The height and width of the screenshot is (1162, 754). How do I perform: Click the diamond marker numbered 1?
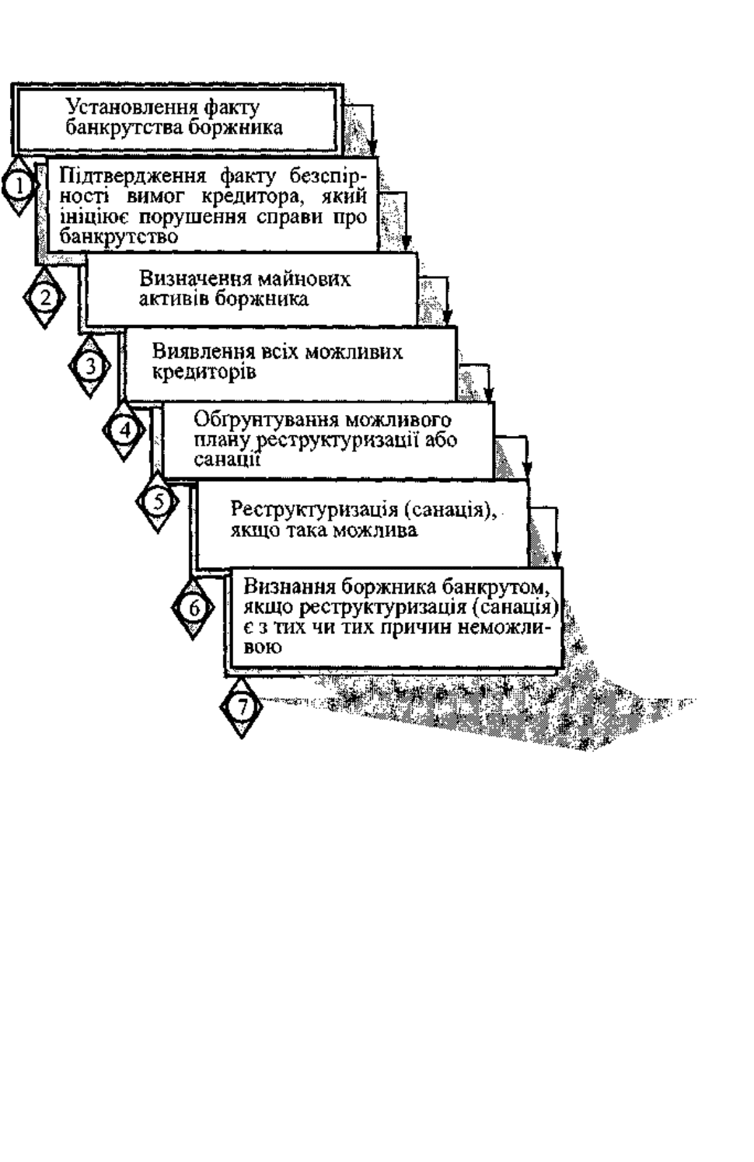[19, 186]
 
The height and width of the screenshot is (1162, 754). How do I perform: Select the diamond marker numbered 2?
[44, 298]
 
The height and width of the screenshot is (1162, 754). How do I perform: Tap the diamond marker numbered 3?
[89, 366]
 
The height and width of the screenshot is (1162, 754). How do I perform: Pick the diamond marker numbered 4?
[124, 431]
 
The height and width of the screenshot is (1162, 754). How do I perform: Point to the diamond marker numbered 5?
[158, 502]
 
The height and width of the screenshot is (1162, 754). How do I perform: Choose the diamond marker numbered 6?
[193, 608]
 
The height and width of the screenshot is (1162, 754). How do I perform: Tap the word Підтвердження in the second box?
[134, 178]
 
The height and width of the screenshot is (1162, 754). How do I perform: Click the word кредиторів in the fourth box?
[204, 372]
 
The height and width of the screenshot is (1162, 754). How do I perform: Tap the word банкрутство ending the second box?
[119, 236]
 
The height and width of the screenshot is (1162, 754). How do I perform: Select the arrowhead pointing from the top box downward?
[372, 148]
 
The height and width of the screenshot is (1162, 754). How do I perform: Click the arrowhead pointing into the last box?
[557, 558]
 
